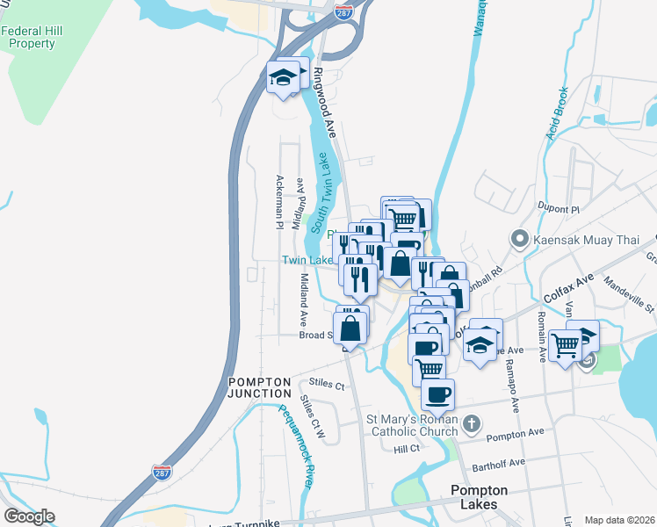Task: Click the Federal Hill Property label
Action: click(32, 36)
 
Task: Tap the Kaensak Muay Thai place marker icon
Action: click(520, 238)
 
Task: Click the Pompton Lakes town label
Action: click(474, 497)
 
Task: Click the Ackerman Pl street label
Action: click(279, 201)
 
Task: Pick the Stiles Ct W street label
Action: click(313, 418)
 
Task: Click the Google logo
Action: click(30, 516)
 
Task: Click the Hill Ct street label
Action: click(408, 449)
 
